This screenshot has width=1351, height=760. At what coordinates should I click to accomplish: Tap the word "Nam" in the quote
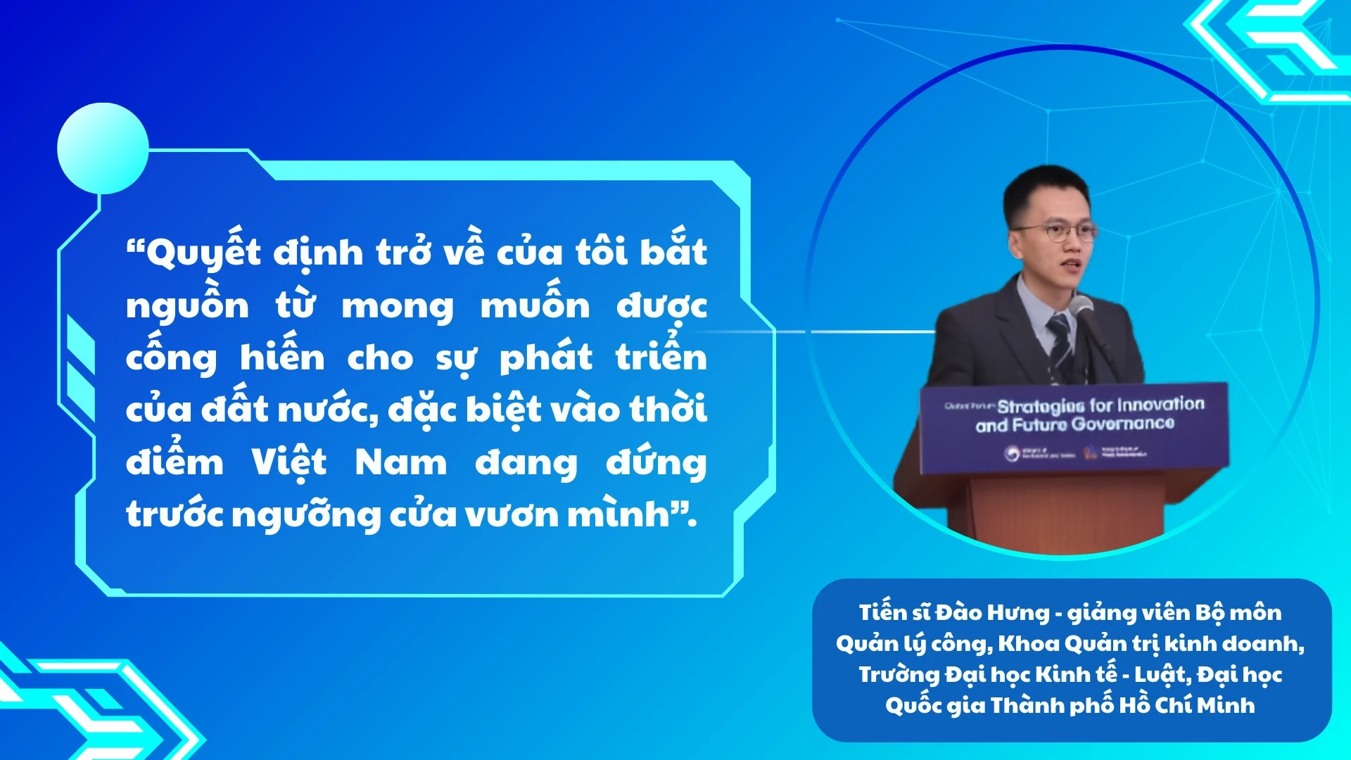pos(400,463)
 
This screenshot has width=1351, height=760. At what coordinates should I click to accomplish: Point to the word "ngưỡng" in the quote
pos(306,515)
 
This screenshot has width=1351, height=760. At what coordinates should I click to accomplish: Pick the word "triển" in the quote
pos(661,357)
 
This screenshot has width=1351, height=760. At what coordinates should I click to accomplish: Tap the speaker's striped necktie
pos(1060,345)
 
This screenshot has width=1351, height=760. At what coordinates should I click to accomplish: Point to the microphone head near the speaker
pos(1080,305)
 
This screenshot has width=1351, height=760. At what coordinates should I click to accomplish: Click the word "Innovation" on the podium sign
pos(1160,404)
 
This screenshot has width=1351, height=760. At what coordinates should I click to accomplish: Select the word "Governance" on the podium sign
pos(1123,424)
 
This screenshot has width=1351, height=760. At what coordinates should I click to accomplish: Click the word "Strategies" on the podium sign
pos(1041,406)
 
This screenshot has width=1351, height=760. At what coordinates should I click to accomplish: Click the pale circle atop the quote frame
pos(103,148)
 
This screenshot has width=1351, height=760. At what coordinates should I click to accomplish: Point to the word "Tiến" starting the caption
pos(882,613)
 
